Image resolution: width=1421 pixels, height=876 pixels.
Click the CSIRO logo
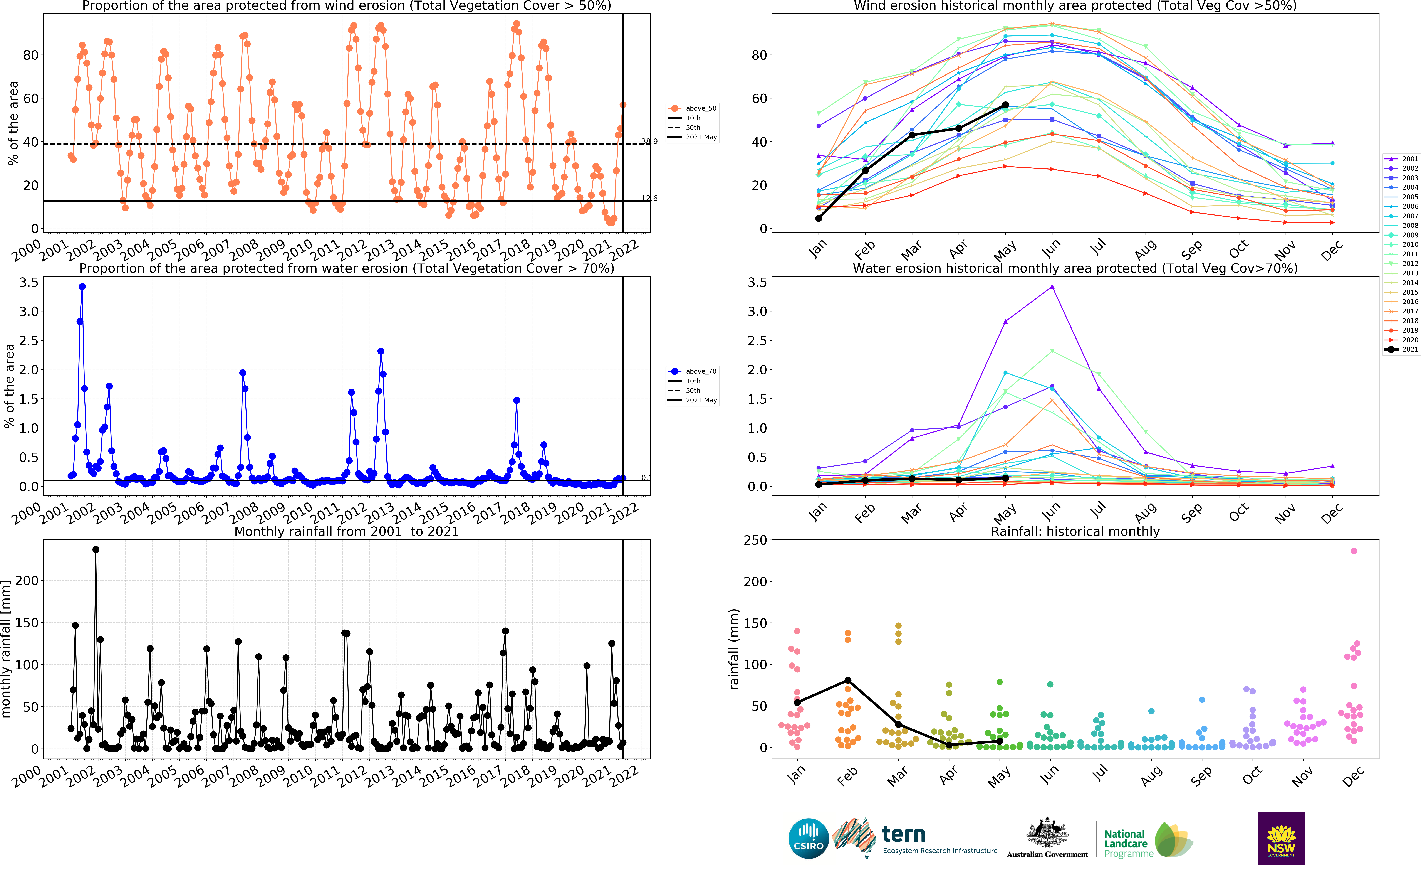pos(808,838)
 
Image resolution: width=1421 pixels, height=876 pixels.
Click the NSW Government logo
pos(1281,838)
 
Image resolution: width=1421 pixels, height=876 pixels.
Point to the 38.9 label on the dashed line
pos(649,141)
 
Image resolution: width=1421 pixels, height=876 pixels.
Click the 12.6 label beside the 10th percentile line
pos(649,198)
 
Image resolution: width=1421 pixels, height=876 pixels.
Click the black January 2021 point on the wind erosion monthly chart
pos(818,218)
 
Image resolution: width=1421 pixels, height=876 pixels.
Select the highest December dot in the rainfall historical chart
pos(1353,551)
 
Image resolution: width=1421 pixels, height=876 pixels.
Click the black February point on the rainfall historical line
pos(848,680)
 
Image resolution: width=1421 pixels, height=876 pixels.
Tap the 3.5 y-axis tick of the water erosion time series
pos(29,282)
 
